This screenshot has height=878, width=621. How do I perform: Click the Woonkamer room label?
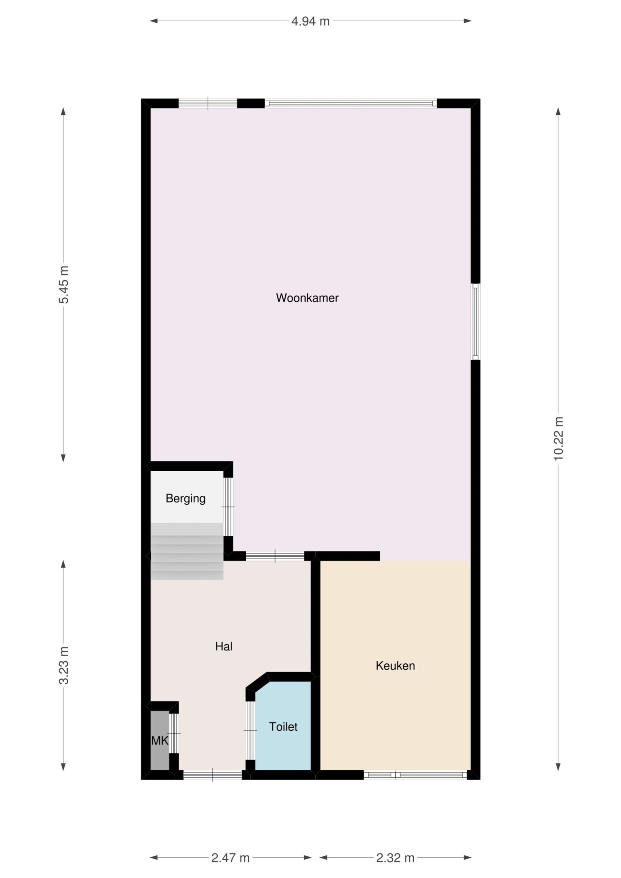click(307, 298)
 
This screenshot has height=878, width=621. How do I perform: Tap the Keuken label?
click(395, 666)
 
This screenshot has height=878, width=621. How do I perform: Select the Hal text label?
click(224, 647)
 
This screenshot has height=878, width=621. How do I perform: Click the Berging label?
click(186, 499)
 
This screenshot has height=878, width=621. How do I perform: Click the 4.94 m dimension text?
click(310, 21)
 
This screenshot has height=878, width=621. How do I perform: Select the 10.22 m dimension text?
click(558, 439)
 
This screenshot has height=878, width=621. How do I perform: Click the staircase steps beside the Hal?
click(187, 551)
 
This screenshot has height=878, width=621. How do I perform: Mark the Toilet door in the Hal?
click(250, 730)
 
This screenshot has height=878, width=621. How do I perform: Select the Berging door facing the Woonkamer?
click(228, 507)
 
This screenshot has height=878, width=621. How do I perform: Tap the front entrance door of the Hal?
click(213, 775)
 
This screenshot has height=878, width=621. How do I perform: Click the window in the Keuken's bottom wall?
click(415, 775)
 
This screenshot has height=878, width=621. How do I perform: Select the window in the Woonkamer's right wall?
click(475, 322)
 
